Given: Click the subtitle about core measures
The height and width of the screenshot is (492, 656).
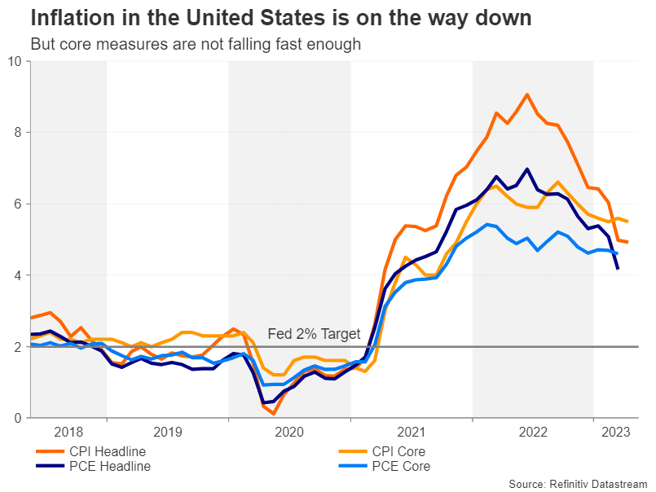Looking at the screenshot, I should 195,45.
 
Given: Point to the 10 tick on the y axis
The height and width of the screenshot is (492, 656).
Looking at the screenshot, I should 15,61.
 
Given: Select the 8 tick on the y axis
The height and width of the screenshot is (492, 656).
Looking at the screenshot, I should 19,132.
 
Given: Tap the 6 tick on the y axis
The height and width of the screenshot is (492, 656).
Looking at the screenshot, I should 19,204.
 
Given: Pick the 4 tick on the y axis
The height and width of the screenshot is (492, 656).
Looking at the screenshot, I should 19,275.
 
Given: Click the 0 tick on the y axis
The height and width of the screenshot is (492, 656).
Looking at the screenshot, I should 19,418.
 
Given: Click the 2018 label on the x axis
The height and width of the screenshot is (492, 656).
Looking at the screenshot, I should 68,433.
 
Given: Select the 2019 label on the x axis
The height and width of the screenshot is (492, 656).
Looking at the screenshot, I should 167,433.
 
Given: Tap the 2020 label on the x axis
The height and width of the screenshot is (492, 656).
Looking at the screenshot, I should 289,433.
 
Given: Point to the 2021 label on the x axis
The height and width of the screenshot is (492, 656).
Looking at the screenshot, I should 412,433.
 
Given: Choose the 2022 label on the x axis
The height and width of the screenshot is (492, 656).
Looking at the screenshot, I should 533,433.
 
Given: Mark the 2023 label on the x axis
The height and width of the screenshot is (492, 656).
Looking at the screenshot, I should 615,433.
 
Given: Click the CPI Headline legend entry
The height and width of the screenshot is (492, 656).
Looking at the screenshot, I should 107,451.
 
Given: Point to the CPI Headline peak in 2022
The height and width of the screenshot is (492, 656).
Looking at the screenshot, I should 527,94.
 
